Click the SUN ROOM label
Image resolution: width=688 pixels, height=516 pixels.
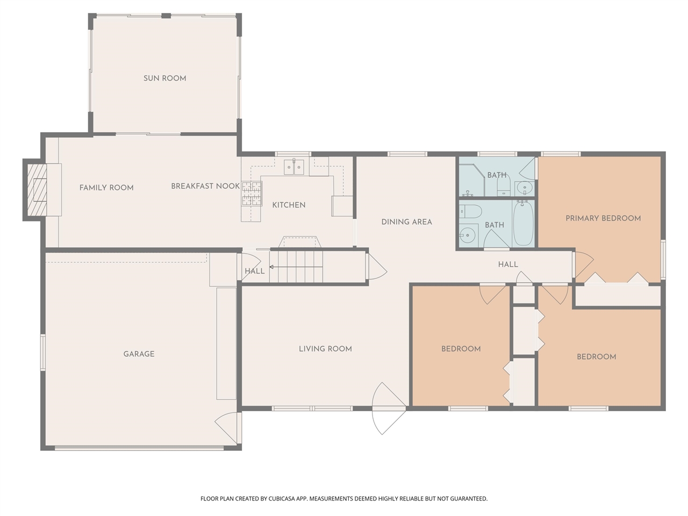point(164,78)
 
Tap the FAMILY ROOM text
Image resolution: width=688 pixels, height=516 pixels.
point(106,188)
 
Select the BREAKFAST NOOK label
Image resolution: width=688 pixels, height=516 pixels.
point(205,186)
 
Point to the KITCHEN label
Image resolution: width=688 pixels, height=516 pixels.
point(289,205)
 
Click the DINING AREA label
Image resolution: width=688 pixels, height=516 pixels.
point(406,221)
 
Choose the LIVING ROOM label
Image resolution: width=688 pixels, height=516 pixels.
point(325,349)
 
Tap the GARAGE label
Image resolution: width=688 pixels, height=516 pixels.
point(139,354)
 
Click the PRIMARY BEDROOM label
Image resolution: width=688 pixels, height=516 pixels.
point(603,218)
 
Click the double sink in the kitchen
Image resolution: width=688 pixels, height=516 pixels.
point(294,167)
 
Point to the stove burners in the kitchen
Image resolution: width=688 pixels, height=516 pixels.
point(251,194)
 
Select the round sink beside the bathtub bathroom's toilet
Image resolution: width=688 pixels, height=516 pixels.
point(468,234)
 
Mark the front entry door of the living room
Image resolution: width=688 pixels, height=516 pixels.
point(388,408)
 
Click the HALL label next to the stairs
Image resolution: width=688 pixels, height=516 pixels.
point(254,271)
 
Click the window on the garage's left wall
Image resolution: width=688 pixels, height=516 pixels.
point(43,352)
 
